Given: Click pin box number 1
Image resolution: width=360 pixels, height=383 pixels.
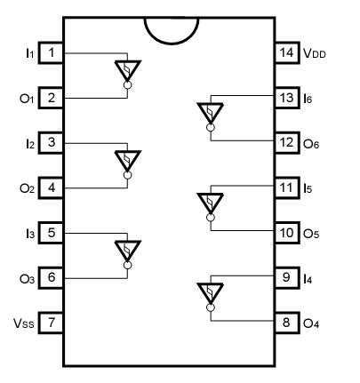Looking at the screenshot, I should [x=52, y=53].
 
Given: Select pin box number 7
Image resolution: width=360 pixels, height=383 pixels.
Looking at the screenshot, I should [x=52, y=323].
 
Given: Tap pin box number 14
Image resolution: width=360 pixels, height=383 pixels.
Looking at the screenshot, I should [x=286, y=53].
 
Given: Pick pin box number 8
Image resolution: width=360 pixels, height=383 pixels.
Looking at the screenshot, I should [x=286, y=323].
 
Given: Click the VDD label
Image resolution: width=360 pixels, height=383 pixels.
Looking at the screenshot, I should [x=316, y=53].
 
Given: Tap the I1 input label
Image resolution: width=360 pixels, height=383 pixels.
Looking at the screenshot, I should [x=27, y=53].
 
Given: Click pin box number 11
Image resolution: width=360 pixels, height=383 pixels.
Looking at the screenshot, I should [x=286, y=188].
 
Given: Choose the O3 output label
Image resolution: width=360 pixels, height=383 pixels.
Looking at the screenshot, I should [x=26, y=278].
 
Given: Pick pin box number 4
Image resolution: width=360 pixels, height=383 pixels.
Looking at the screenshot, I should [x=52, y=188].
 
